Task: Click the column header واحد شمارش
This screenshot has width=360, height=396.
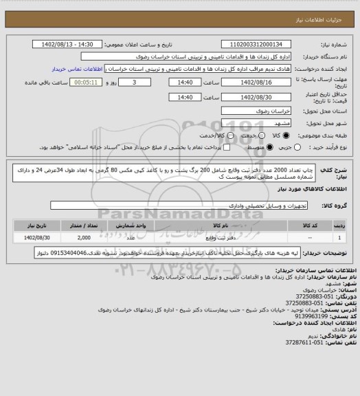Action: coord(139,225)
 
